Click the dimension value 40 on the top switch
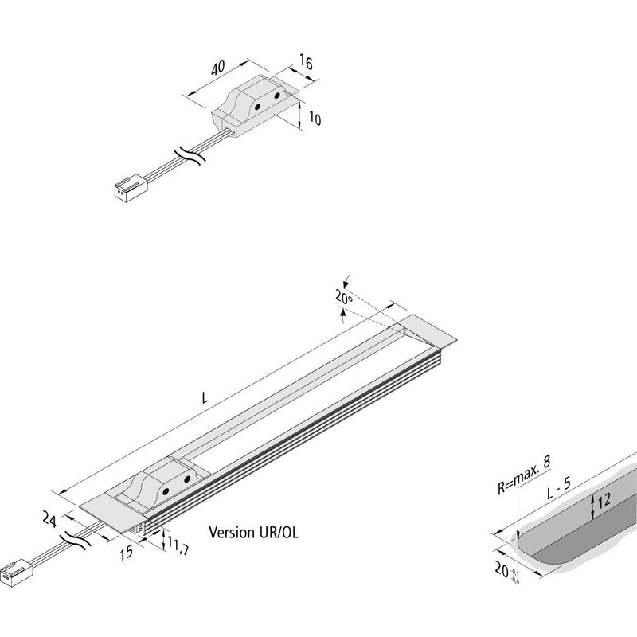pos(217,68)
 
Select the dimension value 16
pos(307,63)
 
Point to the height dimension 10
pos(315,119)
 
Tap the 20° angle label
pos(344,297)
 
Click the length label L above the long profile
pos(205,398)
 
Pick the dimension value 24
pos(49,519)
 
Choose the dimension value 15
pos(127,553)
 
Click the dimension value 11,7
pos(178,547)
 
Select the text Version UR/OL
pos(253,532)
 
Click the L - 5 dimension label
pos(559,488)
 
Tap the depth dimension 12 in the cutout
pos(604,499)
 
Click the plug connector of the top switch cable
pos(130,186)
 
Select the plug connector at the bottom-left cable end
pos(16,571)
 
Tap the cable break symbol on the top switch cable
pos(189,156)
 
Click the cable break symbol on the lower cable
pos(74,540)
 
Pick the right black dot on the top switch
pos(277,96)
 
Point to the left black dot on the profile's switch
pos(166,491)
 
